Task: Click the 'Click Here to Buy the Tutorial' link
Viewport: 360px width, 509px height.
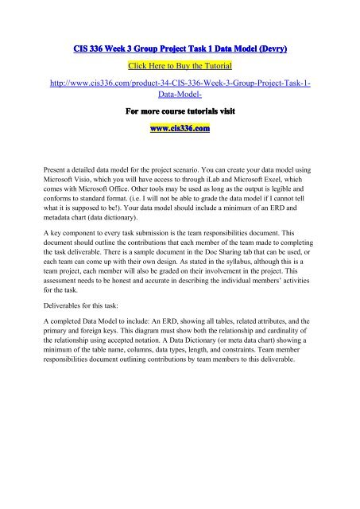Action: click(180, 65)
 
